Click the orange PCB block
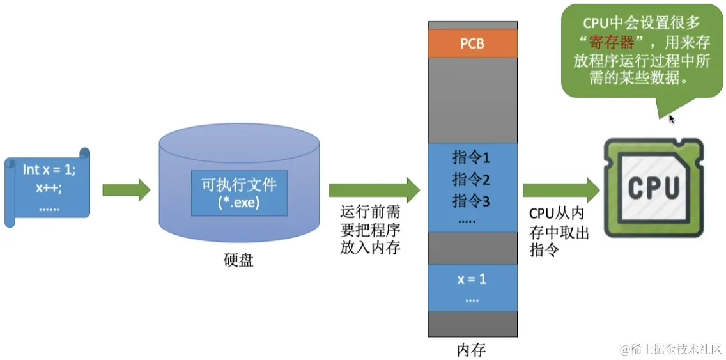click(x=472, y=43)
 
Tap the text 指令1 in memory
click(x=471, y=157)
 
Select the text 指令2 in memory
click(x=471, y=179)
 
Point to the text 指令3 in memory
click(x=471, y=201)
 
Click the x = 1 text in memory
click(x=472, y=279)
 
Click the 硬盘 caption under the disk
click(x=238, y=260)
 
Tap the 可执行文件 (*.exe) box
click(x=239, y=192)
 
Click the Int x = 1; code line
click(x=49, y=169)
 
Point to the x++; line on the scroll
click(x=49, y=189)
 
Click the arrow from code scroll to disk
click(x=126, y=189)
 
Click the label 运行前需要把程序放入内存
click(x=370, y=230)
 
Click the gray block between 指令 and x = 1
click(x=472, y=248)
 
